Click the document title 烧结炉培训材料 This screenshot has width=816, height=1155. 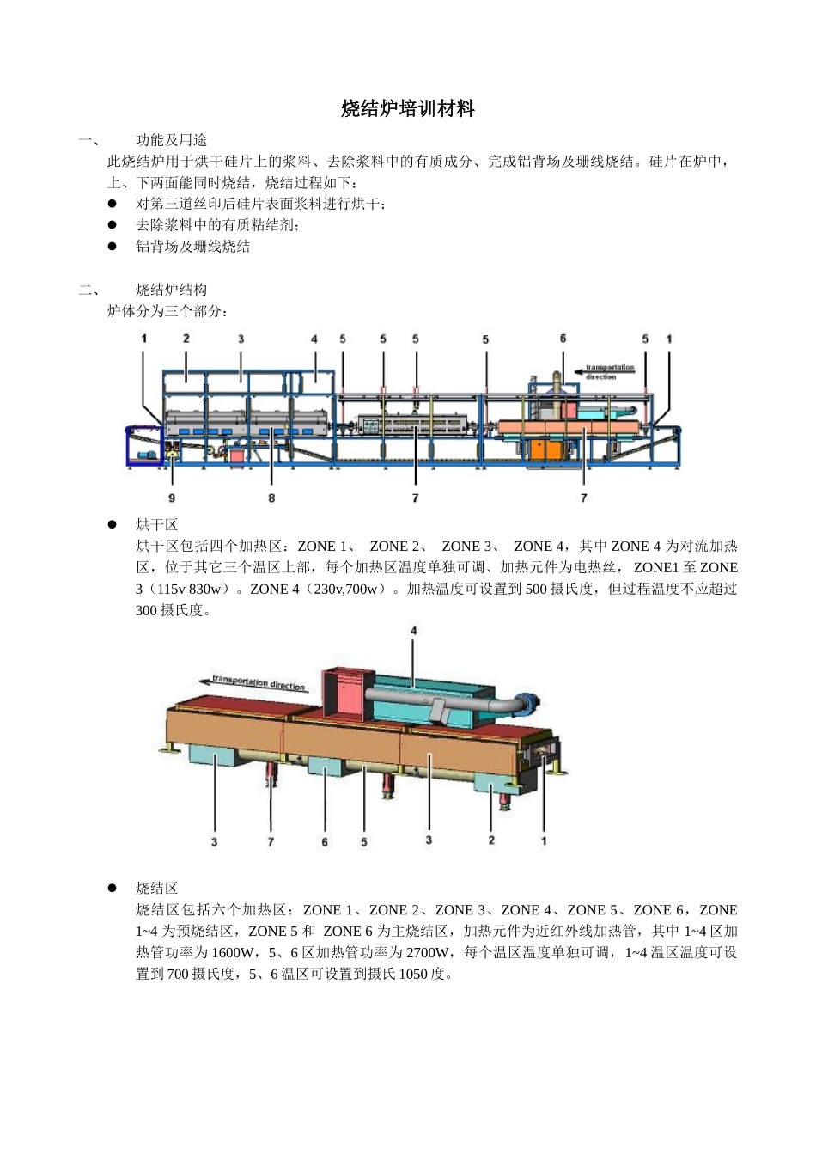407,109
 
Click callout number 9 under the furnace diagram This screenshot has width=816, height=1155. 172,498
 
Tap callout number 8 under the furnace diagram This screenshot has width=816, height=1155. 271,498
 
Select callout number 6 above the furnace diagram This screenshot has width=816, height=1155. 563,339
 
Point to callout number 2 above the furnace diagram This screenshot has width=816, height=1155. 186,339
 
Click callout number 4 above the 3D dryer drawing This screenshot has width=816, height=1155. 413,631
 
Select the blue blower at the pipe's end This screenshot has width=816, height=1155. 525,703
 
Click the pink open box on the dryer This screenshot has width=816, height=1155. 347,694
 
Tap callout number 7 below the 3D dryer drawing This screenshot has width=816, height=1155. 271,841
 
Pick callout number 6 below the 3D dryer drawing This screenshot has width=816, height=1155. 325,841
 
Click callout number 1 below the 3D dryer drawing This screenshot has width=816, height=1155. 543,840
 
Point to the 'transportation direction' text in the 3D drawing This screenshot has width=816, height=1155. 259,683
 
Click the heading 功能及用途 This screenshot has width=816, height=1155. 171,140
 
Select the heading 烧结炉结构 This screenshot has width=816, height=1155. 171,290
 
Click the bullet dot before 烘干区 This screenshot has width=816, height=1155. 112,524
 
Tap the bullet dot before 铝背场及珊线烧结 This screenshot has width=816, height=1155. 112,247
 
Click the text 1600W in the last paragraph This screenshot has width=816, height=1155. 234,953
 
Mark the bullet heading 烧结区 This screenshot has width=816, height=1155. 156,889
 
